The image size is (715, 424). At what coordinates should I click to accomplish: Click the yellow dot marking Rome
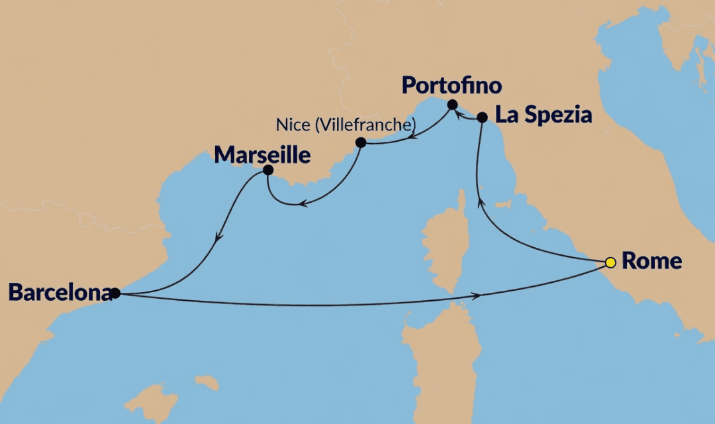coord(610,262)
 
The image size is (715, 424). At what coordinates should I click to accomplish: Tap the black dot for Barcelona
coord(115,292)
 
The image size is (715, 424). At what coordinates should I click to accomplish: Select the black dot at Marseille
coord(268,170)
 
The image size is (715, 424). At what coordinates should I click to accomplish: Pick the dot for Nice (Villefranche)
coord(361,142)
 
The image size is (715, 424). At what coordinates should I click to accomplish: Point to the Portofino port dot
coord(452,104)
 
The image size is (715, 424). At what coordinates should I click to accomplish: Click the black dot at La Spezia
coord(482,117)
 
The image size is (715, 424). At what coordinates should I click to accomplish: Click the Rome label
coord(652,261)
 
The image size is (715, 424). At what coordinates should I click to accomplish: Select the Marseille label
coord(263,155)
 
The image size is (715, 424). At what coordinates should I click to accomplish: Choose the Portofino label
coord(452,86)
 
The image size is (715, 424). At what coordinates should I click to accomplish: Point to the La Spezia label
coord(543,115)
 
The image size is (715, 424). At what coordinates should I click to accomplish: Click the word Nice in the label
coord(289,125)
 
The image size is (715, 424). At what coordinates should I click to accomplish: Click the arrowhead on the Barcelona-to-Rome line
coord(476,293)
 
